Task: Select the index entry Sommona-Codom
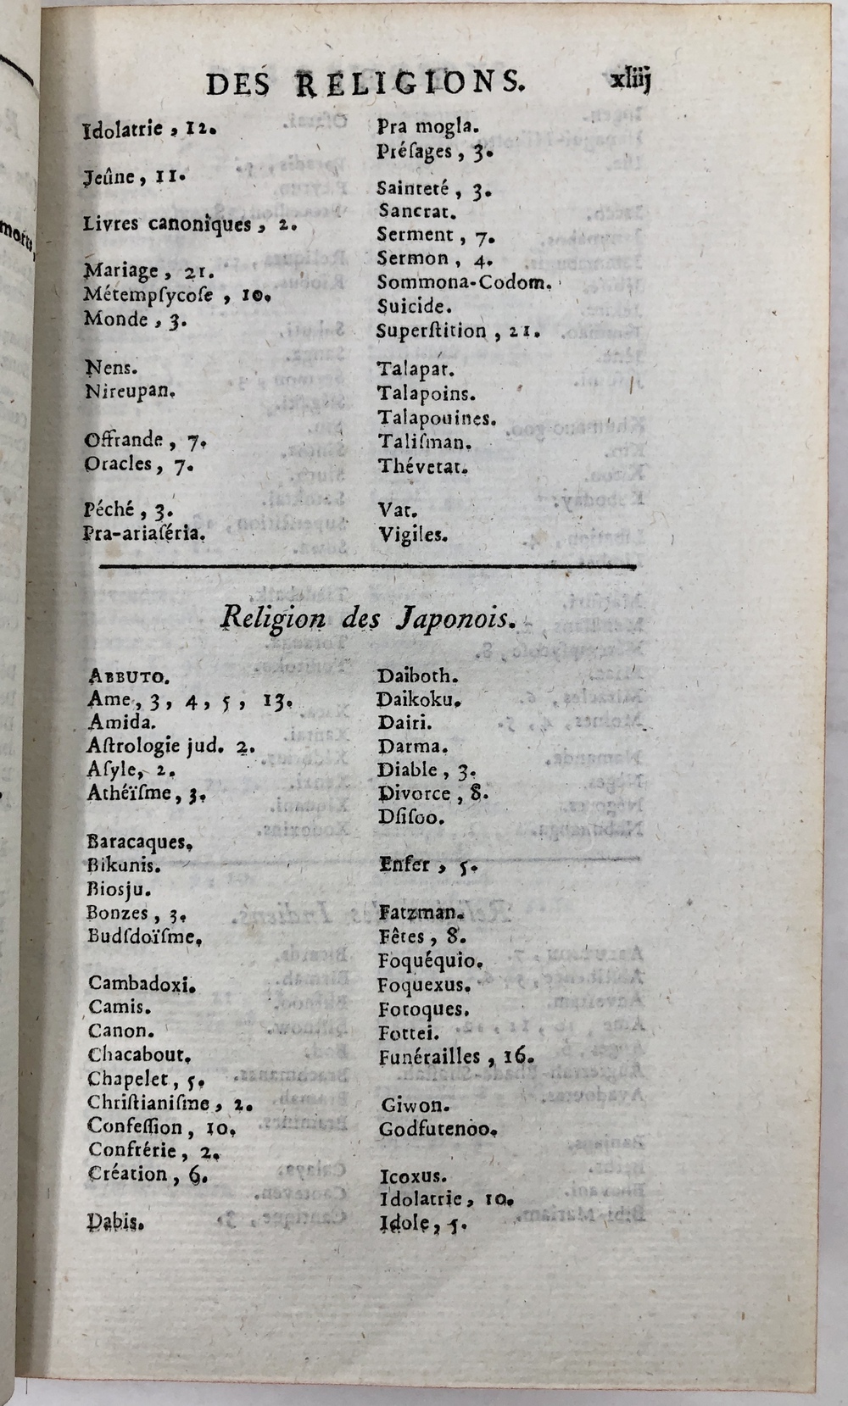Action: [x=464, y=282]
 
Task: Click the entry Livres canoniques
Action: [x=167, y=225]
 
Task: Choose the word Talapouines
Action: [x=437, y=418]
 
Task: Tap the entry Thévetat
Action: [x=423, y=466]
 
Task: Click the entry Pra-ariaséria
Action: [x=145, y=534]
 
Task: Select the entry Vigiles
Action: [x=413, y=535]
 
